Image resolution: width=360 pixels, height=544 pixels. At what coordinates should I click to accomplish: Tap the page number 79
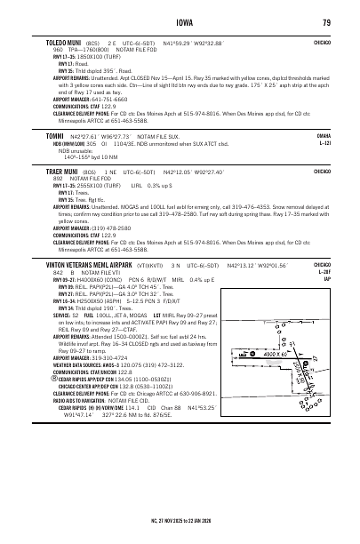327,22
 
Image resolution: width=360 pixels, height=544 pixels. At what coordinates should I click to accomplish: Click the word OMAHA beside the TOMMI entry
324,135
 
